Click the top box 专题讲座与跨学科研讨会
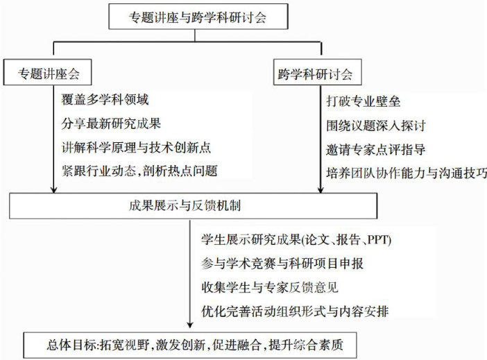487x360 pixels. pos(198,17)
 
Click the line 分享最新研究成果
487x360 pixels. pos(110,123)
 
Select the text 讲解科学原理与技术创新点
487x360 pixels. pos(135,147)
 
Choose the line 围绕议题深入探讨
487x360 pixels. pos(375,126)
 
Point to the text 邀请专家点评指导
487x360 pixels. pos(375,148)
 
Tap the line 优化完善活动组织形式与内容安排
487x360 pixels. pos(293,311)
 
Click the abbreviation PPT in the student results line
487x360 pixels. pos(379,240)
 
